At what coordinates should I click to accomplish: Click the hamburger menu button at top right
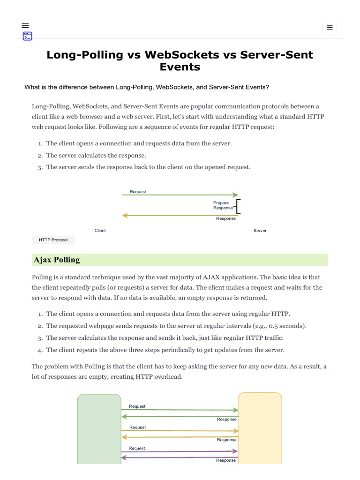tap(330, 28)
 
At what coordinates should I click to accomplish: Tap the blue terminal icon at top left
tap(27, 36)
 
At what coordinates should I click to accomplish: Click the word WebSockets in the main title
tap(182, 54)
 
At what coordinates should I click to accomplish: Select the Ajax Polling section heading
tap(56, 260)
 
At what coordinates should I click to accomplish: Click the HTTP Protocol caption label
tap(53, 240)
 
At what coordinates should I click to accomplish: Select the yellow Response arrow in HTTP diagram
tap(180, 216)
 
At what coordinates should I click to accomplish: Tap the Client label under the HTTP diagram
tap(100, 231)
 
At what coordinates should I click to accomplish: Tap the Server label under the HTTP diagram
tap(260, 231)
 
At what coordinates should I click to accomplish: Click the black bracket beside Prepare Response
tap(239, 206)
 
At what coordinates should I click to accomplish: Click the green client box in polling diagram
tap(99, 428)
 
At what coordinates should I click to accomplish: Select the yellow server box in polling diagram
tap(260, 428)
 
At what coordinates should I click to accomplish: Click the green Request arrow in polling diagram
tap(180, 410)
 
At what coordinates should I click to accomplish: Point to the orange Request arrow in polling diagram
tap(180, 431)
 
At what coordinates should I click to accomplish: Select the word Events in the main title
tap(180, 67)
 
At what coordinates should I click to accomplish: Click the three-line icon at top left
tap(25, 25)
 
